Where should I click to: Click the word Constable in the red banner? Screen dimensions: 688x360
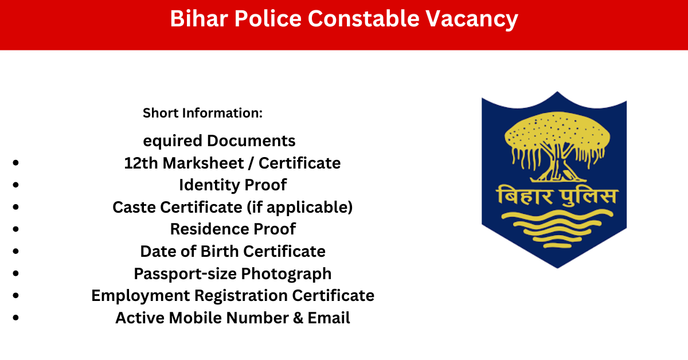pos(363,18)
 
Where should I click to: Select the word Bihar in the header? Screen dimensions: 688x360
pos(199,18)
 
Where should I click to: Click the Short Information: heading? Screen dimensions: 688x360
pos(203,113)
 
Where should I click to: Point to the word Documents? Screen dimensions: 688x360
pos(251,140)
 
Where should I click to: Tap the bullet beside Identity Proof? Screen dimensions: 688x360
pos(15,185)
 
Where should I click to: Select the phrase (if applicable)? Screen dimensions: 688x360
pos(300,208)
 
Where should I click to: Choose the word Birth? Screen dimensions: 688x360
pos(219,251)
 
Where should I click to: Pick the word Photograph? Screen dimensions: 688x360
pos(286,274)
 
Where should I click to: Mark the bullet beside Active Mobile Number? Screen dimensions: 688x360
pos(15,318)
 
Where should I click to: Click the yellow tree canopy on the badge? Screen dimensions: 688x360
pos(557,131)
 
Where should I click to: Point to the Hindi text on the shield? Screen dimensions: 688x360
pos(557,195)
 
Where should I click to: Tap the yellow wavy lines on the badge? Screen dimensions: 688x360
pos(557,229)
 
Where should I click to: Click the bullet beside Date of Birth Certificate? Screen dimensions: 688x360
pos(15,251)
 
